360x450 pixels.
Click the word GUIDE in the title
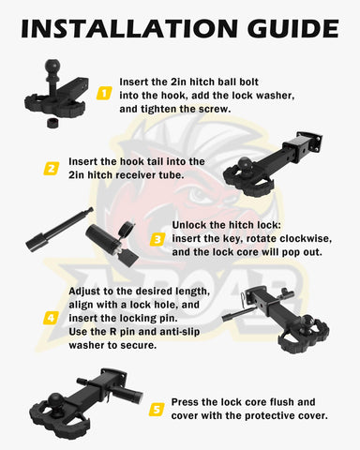[293, 28]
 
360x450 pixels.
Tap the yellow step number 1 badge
[104, 93]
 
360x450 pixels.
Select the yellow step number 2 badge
[51, 169]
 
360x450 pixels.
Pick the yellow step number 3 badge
[157, 239]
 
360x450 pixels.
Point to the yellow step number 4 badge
[51, 318]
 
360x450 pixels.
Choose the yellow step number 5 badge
[157, 409]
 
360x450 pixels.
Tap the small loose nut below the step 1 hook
[53, 122]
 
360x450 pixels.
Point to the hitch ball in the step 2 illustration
[245, 165]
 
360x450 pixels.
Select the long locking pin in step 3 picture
[58, 228]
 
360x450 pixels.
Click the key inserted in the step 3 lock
[129, 257]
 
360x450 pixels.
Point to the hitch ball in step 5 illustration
[56, 401]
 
